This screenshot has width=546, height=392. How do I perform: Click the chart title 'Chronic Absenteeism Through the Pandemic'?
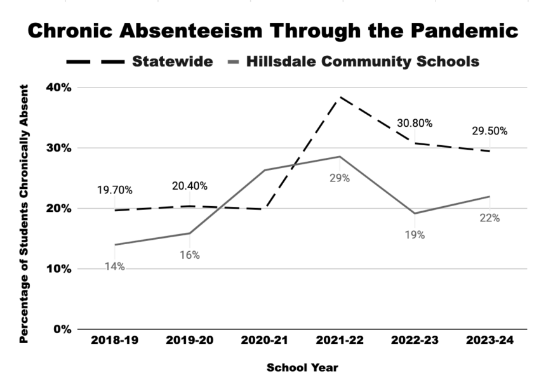pos(273,31)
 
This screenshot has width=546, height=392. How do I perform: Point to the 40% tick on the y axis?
pos(58,88)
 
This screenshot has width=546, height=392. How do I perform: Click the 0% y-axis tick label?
pos(61,329)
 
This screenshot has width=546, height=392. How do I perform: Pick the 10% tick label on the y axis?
pos(58,269)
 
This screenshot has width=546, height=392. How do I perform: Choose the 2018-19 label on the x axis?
pos(115,341)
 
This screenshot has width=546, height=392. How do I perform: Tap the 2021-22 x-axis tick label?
pos(340,341)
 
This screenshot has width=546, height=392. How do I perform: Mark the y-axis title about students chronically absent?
pos(23,209)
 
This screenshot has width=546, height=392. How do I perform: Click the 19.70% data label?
pos(114,190)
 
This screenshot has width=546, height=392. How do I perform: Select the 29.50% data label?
pos(489,131)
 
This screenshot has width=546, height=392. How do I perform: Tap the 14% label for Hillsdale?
pos(115,267)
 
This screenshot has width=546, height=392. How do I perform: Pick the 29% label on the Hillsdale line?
pos(340,178)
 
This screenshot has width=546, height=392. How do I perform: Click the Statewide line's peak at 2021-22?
pos(340,97)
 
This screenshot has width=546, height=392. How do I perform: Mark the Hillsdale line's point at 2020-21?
pos(265,170)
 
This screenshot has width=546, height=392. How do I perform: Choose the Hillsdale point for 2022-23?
pos(415,213)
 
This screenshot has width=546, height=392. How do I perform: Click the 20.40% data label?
pos(189,186)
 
